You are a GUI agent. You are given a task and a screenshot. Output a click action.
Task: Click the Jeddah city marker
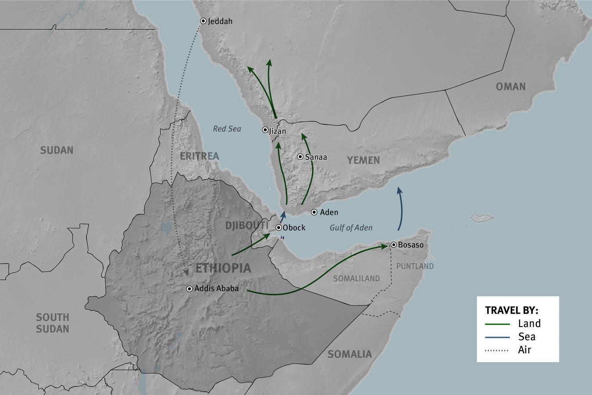pyautogui.click(x=203, y=21)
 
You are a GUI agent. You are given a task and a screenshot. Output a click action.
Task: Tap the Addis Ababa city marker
pyautogui.click(x=189, y=289)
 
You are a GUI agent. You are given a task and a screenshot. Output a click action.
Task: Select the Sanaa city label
pyautogui.click(x=316, y=157)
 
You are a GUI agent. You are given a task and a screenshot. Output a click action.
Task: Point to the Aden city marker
pyautogui.click(x=314, y=212)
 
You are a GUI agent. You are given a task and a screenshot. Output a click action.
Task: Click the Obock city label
pyautogui.click(x=294, y=228)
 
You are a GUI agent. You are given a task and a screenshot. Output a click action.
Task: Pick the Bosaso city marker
pyautogui.click(x=394, y=245)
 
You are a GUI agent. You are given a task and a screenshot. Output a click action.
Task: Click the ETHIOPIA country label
pyautogui.click(x=223, y=268)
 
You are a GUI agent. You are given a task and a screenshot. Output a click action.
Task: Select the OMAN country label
pyautogui.click(x=510, y=86)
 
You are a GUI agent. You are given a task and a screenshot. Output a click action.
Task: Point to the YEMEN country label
pyautogui.click(x=364, y=160)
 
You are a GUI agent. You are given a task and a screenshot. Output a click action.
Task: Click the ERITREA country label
pyautogui.click(x=199, y=156)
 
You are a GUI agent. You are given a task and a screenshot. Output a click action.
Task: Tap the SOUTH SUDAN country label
pyautogui.click(x=53, y=323)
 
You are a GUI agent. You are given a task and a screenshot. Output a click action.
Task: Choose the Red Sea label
pyautogui.click(x=227, y=128)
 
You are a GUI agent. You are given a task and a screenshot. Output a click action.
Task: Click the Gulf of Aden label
pyautogui.click(x=351, y=228)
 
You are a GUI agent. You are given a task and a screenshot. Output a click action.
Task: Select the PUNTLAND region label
pyautogui.click(x=415, y=266)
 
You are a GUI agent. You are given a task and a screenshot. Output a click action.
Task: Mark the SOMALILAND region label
pyautogui.click(x=356, y=278)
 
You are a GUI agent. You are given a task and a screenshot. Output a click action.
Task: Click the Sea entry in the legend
pyautogui.click(x=527, y=337)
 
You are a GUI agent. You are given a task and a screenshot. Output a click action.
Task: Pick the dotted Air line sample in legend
pyautogui.click(x=497, y=350)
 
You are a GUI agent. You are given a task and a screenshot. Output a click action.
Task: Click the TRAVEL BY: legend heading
pyautogui.click(x=511, y=310)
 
